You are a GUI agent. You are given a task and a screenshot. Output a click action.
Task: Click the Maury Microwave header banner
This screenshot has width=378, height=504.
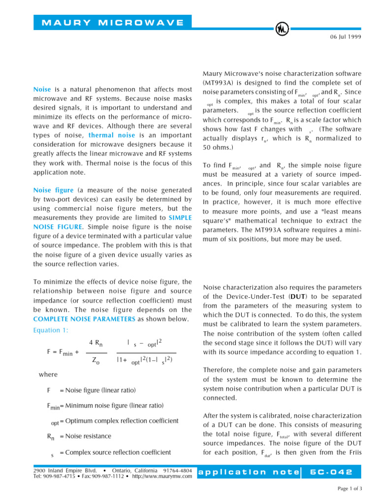(x=113, y=23)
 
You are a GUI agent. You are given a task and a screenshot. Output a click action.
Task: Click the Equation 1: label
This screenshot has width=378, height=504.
(x=50, y=330)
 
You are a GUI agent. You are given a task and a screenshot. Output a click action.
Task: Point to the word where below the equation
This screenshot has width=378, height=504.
(x=48, y=375)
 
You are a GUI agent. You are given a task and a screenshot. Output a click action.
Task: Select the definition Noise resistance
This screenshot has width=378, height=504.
(x=85, y=436)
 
